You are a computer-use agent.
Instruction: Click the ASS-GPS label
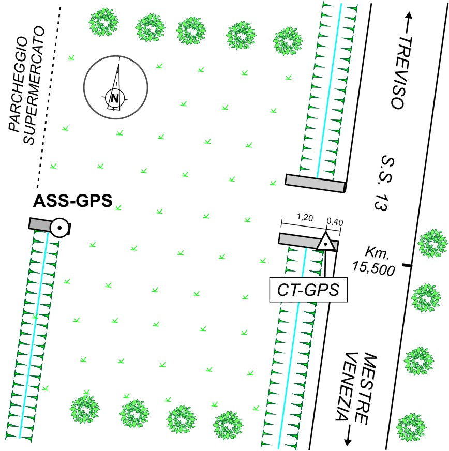tap(72, 201)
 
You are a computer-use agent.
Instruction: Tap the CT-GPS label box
tap(308, 290)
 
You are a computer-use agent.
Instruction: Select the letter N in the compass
tap(115, 98)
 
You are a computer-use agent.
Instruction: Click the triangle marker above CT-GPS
tap(325, 243)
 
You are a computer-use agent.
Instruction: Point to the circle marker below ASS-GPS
tap(60, 228)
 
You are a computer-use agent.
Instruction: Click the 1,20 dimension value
tap(305, 217)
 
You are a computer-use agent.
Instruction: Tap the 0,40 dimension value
tap(335, 222)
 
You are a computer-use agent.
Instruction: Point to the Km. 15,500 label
tap(375, 261)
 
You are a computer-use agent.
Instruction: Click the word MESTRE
tap(366, 388)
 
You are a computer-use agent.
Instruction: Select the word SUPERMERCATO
tap(34, 85)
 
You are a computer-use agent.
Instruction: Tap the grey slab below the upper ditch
tap(315, 183)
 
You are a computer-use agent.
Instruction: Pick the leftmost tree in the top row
tap(103, 22)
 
